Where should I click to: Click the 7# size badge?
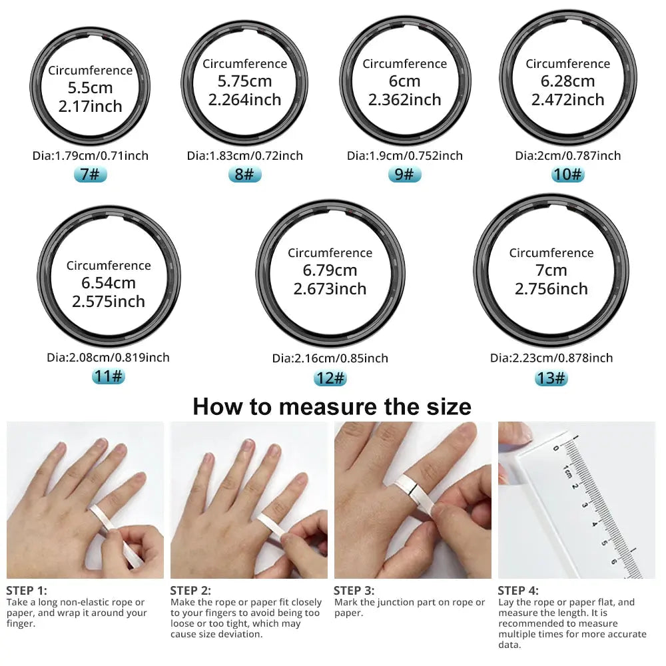(x=90, y=175)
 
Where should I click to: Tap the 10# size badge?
(x=567, y=175)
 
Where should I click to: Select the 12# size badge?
(x=330, y=378)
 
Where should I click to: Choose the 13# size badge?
(x=551, y=378)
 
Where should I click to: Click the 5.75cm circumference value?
(x=244, y=81)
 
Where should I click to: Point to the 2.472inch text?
(x=567, y=100)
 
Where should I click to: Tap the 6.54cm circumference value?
(x=109, y=283)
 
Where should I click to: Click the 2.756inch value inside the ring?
(x=551, y=289)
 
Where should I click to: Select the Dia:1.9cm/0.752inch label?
(x=404, y=156)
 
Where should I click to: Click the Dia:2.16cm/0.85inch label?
(x=330, y=358)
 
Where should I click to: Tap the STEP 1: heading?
(x=27, y=590)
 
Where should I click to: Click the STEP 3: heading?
(x=354, y=590)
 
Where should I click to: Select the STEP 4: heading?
(x=518, y=590)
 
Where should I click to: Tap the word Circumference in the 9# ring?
(x=404, y=64)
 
